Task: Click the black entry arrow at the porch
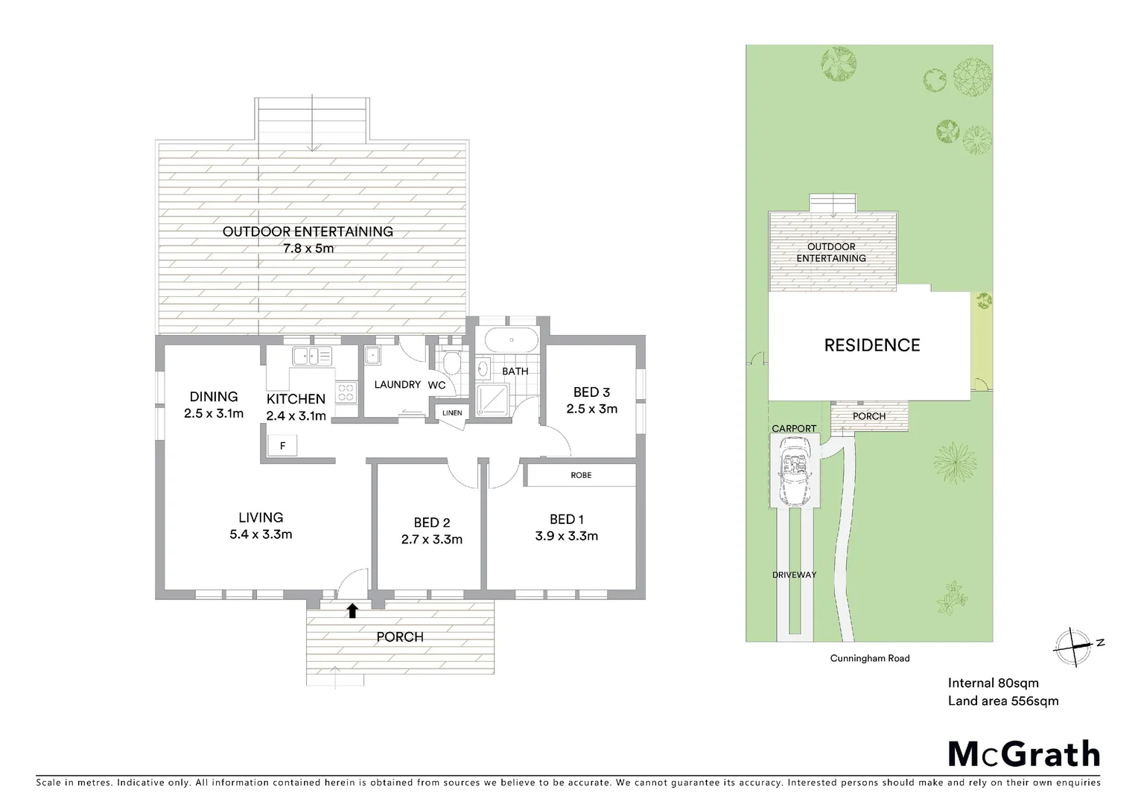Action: pyautogui.click(x=352, y=611)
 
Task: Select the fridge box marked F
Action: pyautogui.click(x=282, y=446)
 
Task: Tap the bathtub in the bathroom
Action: pyautogui.click(x=510, y=341)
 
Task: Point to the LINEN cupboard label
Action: pyautogui.click(x=452, y=413)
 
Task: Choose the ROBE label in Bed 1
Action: pyautogui.click(x=581, y=475)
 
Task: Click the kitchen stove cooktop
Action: pyautogui.click(x=346, y=392)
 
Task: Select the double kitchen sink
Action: pyautogui.click(x=315, y=356)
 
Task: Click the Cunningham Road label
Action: pyautogui.click(x=870, y=658)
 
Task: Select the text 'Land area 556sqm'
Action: pyautogui.click(x=1002, y=701)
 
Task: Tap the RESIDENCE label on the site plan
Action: pyautogui.click(x=871, y=345)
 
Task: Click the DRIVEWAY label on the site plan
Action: pyautogui.click(x=794, y=575)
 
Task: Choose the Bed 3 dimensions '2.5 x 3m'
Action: pyautogui.click(x=591, y=409)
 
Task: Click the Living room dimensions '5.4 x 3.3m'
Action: pyautogui.click(x=261, y=535)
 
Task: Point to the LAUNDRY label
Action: pyautogui.click(x=397, y=385)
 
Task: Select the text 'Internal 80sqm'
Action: pyautogui.click(x=993, y=683)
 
